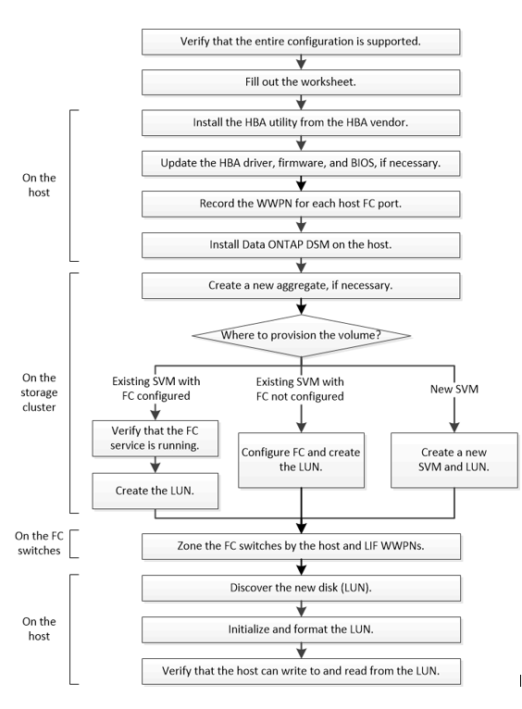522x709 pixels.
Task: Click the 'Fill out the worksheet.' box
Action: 301,81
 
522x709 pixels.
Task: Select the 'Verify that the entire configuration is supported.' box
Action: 301,42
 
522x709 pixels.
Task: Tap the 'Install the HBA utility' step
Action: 301,122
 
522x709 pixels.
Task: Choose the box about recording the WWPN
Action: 301,204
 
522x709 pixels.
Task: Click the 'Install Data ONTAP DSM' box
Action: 301,244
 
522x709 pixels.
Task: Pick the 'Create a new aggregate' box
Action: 301,285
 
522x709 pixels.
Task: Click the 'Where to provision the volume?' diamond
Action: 301,335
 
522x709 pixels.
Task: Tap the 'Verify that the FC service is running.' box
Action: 155,438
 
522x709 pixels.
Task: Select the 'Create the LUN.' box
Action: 155,491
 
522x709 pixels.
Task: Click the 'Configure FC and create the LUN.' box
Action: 301,460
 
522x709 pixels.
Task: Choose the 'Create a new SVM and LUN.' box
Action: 454,460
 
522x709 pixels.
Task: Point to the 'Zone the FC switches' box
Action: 301,546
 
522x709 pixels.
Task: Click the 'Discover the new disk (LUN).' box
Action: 301,588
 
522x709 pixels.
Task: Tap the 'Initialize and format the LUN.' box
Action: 301,629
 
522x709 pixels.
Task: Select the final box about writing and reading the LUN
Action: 301,671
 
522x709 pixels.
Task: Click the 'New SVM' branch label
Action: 454,389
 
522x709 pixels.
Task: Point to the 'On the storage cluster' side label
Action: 39,392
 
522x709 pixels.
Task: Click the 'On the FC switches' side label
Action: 39,543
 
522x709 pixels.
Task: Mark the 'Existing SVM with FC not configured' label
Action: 300,389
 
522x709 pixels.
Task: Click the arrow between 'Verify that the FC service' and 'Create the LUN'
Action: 155,465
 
